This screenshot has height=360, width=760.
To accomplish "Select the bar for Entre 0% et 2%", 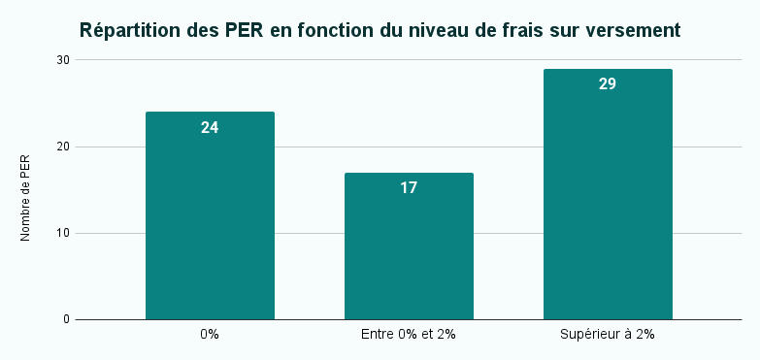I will coord(409,246).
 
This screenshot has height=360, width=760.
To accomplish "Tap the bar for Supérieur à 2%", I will coord(608,194).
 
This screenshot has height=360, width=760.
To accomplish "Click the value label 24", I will coord(210,127).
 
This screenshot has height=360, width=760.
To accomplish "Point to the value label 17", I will coord(409,188).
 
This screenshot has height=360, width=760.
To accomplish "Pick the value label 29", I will coord(608,84).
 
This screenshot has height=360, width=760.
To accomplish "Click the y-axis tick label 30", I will coord(63,60).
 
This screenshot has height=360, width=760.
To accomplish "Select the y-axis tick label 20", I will coord(63,147).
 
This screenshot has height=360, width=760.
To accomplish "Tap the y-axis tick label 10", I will coord(63,233).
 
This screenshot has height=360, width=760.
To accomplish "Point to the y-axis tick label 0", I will coord(66,319).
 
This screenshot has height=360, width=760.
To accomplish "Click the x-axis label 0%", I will coord(210,335).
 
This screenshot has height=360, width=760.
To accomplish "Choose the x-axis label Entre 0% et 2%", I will coord(409,335).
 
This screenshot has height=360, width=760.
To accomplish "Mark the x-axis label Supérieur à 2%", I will coord(608,335).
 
